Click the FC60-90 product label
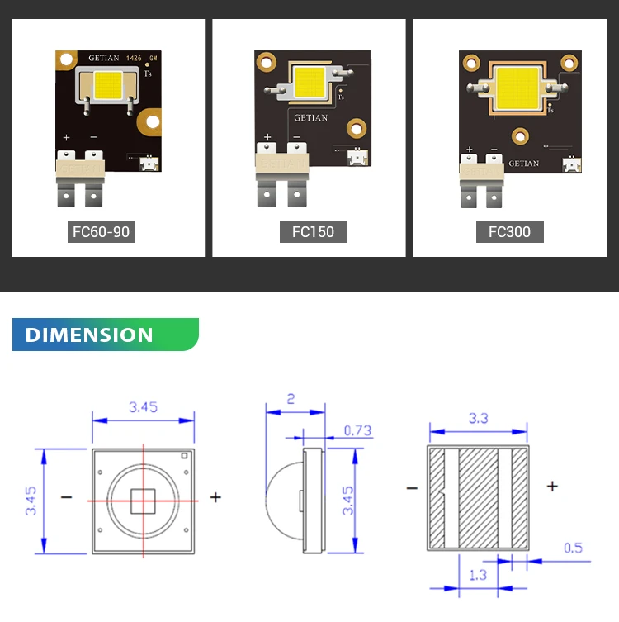click(x=101, y=231)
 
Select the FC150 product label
click(x=313, y=231)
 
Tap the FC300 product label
click(x=509, y=231)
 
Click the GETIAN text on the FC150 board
click(x=311, y=118)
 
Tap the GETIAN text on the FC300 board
click(x=523, y=164)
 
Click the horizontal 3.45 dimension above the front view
click(x=143, y=406)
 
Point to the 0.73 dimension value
click(x=357, y=430)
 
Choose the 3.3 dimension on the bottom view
click(x=478, y=418)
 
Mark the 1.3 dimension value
click(x=477, y=575)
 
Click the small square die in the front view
click(x=144, y=501)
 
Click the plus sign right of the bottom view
click(x=552, y=487)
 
